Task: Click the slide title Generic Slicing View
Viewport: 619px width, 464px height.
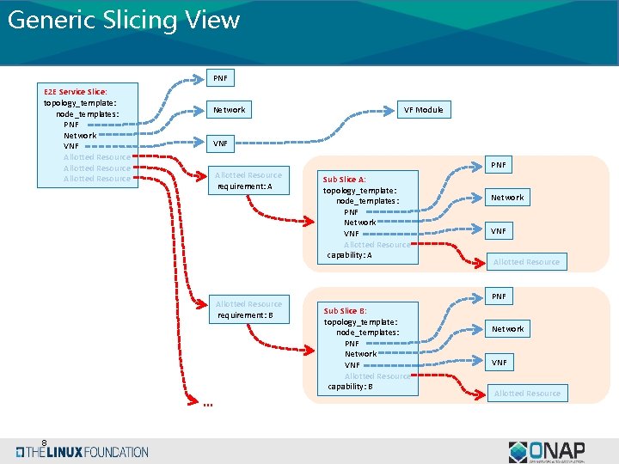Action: coord(123,20)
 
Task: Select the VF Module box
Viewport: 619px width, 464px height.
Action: coord(424,109)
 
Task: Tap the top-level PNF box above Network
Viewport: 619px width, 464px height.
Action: coord(220,78)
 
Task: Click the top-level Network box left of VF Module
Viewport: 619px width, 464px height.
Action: coord(230,109)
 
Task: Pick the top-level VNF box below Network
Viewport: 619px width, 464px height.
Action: coord(220,143)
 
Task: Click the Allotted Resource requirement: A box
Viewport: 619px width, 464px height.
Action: coord(248,180)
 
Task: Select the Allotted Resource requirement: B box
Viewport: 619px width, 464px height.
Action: coord(248,309)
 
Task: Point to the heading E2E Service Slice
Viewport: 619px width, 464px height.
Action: coord(76,91)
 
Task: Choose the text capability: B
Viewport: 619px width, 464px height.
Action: coord(350,387)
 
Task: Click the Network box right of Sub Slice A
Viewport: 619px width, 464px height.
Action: coord(506,198)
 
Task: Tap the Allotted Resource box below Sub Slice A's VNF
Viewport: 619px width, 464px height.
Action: coord(526,262)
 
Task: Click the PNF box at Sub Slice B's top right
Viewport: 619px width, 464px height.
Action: coord(499,296)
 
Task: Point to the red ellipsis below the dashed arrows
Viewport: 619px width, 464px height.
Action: coord(207,406)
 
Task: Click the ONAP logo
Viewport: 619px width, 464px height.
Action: coord(547,451)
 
